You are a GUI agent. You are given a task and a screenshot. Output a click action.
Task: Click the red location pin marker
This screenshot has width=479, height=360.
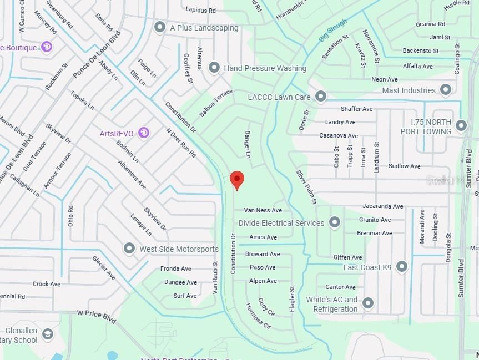click(x=237, y=179)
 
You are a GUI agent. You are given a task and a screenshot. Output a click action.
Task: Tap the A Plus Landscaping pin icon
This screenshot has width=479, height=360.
click(x=160, y=27)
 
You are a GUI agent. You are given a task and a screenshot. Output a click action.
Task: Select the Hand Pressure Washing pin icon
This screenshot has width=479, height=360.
click(x=214, y=68)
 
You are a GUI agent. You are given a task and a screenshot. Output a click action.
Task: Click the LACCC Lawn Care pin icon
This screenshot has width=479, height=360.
click(x=320, y=97)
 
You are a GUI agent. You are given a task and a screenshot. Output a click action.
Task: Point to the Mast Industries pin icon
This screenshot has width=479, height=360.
click(x=445, y=90)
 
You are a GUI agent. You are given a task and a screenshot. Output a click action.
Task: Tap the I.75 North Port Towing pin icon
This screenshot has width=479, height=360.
click(x=461, y=126)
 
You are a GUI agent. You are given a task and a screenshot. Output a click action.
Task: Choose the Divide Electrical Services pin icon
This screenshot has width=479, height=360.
click(x=334, y=222)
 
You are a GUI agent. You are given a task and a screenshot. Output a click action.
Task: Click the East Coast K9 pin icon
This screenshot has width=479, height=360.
click(x=402, y=267)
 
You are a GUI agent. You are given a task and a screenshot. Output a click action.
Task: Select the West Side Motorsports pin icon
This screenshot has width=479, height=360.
click(x=129, y=249)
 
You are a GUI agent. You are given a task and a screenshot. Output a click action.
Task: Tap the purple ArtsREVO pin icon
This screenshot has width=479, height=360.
click(x=144, y=133)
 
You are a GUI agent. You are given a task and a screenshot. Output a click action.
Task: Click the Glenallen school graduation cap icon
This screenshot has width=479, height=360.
click(x=48, y=334)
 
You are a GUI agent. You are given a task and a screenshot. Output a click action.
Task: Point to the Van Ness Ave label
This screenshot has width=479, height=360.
click(x=263, y=210)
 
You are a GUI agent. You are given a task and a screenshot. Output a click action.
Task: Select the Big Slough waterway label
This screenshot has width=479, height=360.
click(x=332, y=31)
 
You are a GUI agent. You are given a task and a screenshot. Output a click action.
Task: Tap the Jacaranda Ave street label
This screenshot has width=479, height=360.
click(x=382, y=206)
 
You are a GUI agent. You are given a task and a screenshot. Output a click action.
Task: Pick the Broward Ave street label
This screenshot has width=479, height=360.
click(x=263, y=254)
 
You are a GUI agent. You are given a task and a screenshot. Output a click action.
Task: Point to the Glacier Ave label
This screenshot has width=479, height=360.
click(x=104, y=268)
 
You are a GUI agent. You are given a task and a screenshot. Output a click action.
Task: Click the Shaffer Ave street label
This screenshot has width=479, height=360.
click(x=356, y=109)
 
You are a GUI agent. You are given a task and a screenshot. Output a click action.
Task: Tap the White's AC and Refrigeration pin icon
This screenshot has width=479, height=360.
click(x=367, y=303)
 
